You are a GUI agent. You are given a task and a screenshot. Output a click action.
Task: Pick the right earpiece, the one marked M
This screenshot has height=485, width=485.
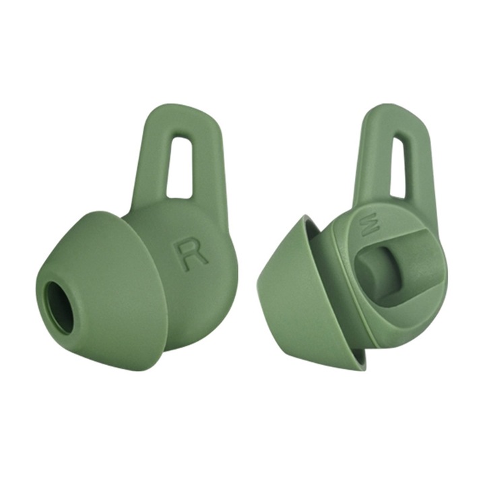pyautogui.click(x=364, y=269)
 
